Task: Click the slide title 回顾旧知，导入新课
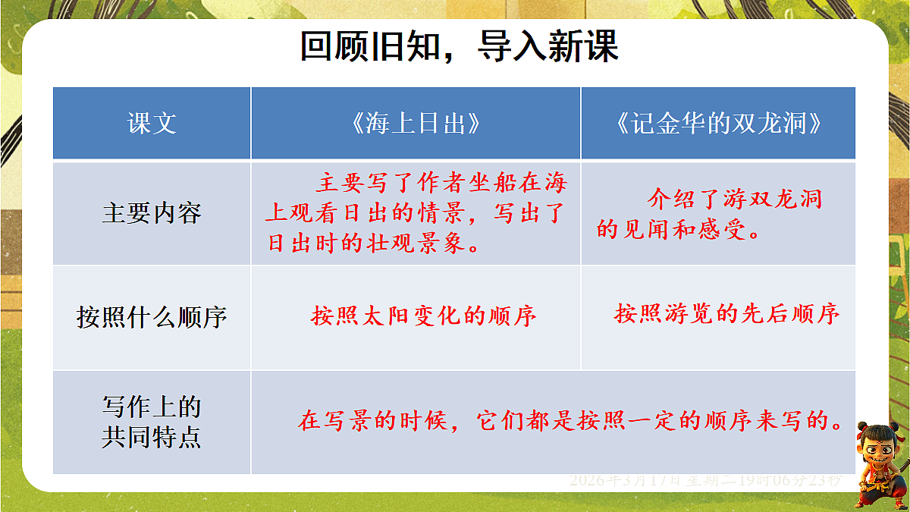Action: (460, 47)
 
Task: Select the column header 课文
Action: (152, 124)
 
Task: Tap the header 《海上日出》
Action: (416, 124)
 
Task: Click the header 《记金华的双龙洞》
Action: (717, 124)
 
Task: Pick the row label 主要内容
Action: (152, 213)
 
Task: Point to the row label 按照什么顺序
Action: (152, 316)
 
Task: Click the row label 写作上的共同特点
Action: (152, 422)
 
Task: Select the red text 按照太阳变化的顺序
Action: (423, 316)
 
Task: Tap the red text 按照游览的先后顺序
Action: (726, 314)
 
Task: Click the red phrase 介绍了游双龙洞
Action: (734, 200)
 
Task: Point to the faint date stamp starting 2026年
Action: (705, 480)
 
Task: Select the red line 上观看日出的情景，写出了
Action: (416, 214)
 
